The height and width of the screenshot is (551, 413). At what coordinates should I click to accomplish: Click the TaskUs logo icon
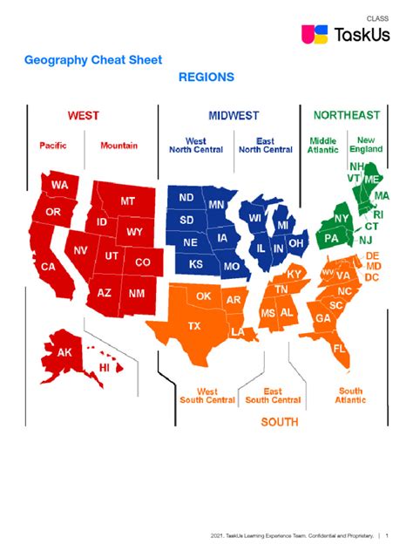tap(313, 34)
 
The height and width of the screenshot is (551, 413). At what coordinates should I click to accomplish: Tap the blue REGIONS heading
tap(206, 78)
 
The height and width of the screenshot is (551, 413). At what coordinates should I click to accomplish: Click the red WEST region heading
tap(84, 115)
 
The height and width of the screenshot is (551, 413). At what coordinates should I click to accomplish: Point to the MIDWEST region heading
tap(234, 116)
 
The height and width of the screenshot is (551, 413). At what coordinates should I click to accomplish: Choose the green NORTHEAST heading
tap(346, 115)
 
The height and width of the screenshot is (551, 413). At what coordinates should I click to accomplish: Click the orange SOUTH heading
tap(280, 422)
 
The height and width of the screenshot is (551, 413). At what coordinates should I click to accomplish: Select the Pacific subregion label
tap(52, 146)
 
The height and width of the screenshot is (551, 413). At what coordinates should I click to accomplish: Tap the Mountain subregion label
tap(118, 146)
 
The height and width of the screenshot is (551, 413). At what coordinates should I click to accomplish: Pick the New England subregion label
tap(367, 145)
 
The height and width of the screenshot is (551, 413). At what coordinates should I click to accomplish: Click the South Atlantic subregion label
tap(350, 396)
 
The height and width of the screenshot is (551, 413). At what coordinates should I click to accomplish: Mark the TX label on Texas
tap(193, 326)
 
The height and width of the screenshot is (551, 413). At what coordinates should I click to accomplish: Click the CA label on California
tap(49, 267)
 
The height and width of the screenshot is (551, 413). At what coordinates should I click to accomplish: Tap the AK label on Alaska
tap(64, 353)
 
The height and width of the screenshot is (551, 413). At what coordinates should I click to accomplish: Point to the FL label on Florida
tap(339, 348)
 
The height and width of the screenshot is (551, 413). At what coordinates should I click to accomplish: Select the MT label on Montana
tap(127, 201)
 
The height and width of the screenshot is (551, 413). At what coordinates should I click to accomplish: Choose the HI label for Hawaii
tap(104, 368)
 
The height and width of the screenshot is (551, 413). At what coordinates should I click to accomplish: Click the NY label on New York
tap(342, 218)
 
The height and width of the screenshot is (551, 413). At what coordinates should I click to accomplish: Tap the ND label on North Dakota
tap(186, 198)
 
